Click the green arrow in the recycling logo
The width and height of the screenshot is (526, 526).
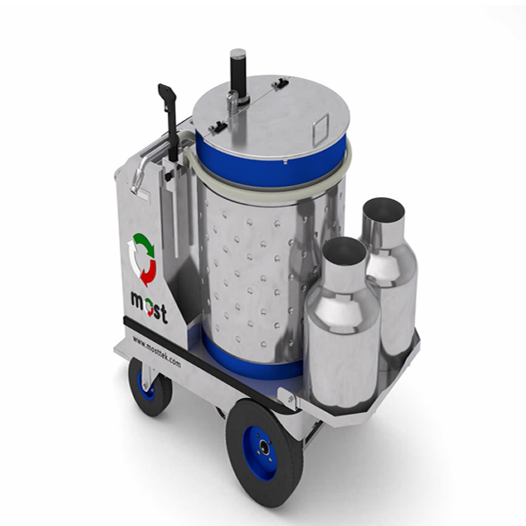point(145,242)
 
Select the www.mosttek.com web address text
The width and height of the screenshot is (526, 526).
point(156,352)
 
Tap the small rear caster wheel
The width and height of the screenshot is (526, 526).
point(150,387)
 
